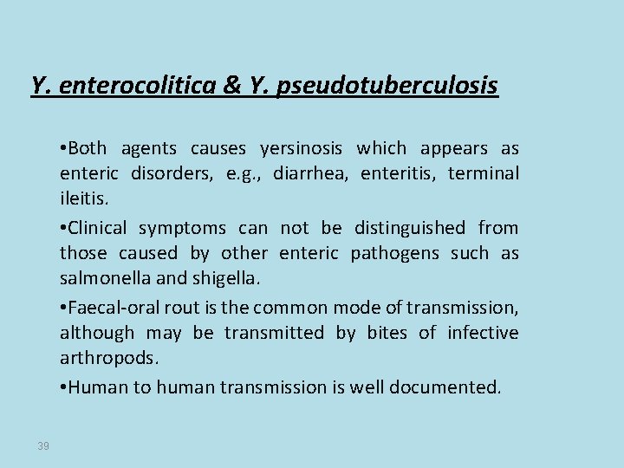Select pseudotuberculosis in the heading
(x=387, y=86)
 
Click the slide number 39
(x=43, y=445)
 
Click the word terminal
(x=484, y=173)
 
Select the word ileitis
(x=82, y=199)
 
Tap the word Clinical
(x=97, y=228)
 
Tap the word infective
(x=482, y=333)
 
